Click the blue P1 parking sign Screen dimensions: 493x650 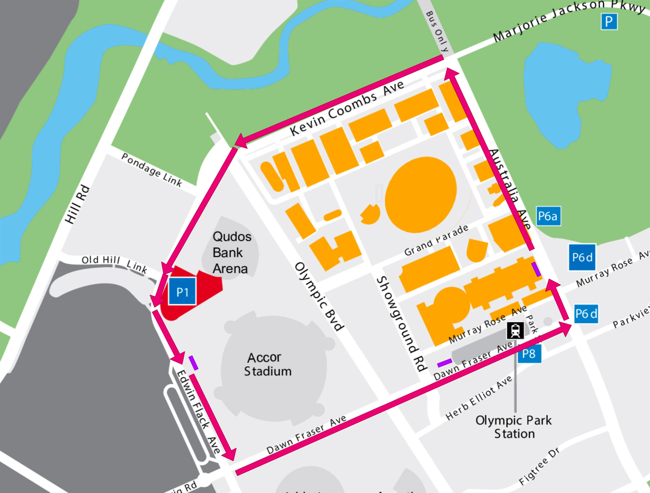click(x=182, y=291)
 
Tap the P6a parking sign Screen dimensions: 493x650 click(x=548, y=216)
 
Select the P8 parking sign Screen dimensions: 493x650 click(x=529, y=354)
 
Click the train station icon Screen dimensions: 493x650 click(x=515, y=331)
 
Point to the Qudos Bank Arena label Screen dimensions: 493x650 click(x=232, y=252)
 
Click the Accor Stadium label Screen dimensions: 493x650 click(x=267, y=364)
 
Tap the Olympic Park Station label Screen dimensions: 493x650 click(x=514, y=427)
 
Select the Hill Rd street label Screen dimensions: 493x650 click(x=78, y=204)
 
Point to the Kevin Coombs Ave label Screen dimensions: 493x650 click(x=347, y=108)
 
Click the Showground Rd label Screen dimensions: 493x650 click(x=401, y=323)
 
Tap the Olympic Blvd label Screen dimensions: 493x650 click(x=320, y=296)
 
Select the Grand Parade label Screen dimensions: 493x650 click(x=436, y=240)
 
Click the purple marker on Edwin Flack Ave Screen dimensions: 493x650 click(x=193, y=363)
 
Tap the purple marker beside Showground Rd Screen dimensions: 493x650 click(x=445, y=363)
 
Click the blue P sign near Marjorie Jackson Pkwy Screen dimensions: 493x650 click(x=609, y=22)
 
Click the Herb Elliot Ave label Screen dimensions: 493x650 click(x=479, y=398)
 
